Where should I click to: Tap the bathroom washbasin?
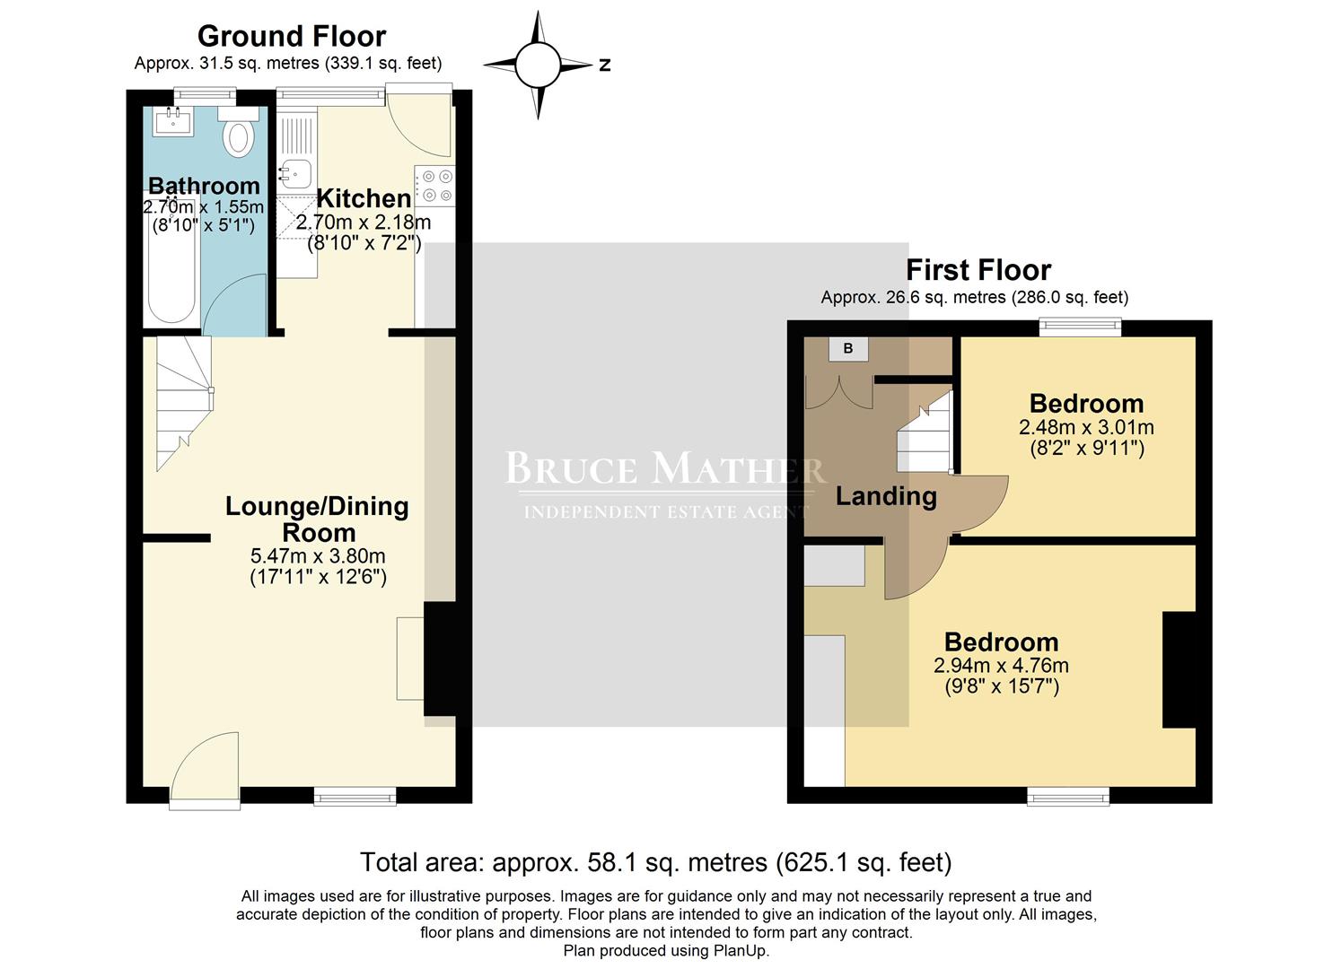pos(173,121)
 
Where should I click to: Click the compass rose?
pos(538,65)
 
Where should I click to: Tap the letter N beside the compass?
pos(605,65)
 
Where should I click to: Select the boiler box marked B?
pos(848,348)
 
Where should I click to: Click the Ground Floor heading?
pos(292,36)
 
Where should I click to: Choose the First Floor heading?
pos(978,269)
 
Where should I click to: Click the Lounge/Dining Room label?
pos(317,519)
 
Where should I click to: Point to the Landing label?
pos(886,496)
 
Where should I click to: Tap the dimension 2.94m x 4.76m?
pos(1001,666)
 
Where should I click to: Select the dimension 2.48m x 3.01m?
pos(1086,427)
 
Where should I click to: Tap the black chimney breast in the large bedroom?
pos(1179,668)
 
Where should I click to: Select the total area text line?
pos(655,862)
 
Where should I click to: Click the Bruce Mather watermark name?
pos(664,468)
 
